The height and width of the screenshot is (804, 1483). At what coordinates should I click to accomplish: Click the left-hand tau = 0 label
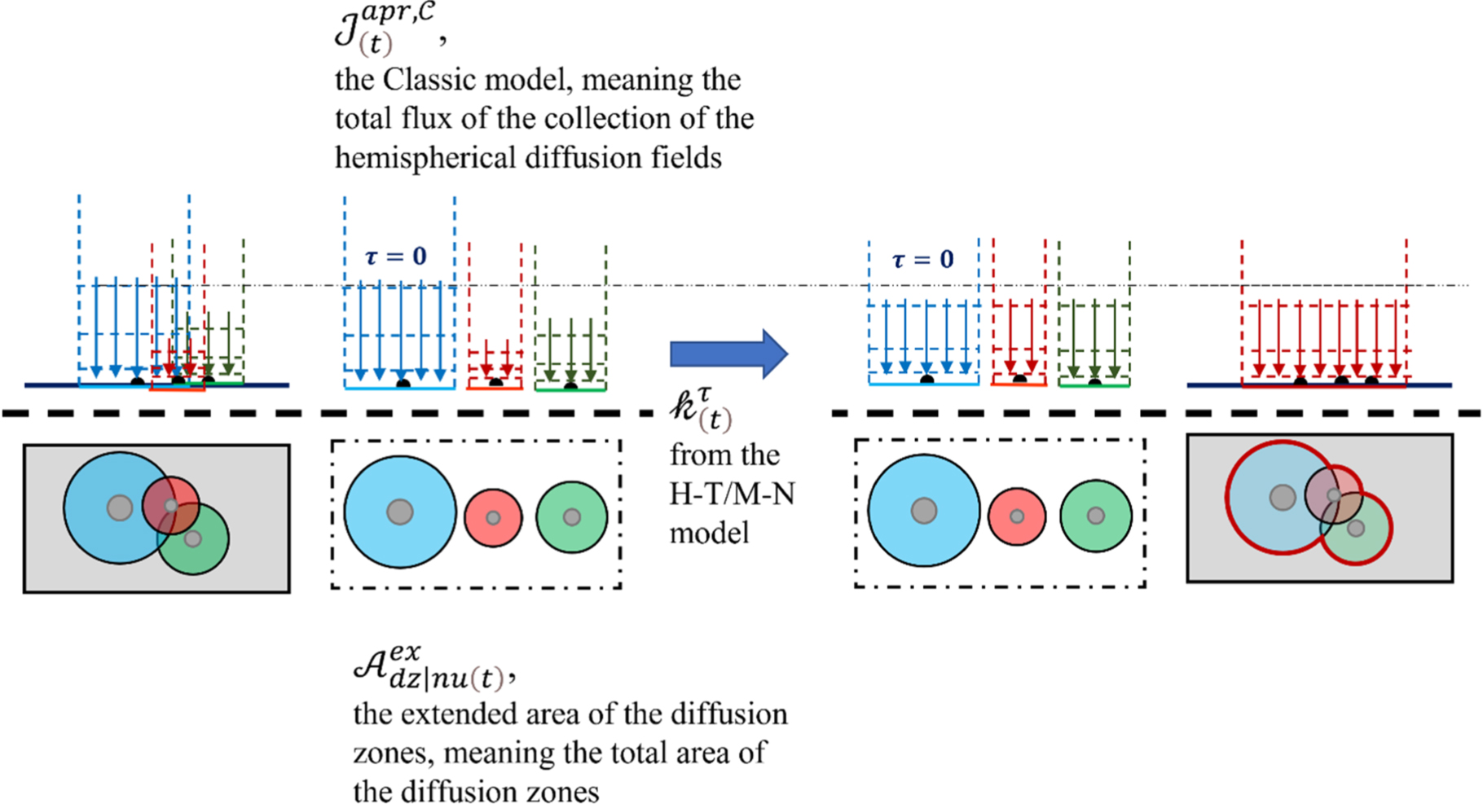point(396,257)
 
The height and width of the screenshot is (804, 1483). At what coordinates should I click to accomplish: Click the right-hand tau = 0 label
point(922,260)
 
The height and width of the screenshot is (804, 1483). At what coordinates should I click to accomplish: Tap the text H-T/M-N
point(732,494)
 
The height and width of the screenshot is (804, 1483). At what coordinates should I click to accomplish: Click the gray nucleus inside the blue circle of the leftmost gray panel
point(120,507)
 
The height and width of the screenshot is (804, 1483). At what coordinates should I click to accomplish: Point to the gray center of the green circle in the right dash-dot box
point(1096,516)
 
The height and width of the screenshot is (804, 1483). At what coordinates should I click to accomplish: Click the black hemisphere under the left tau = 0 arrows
point(403,382)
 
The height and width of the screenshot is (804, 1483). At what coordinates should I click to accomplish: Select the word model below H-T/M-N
point(709,533)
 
